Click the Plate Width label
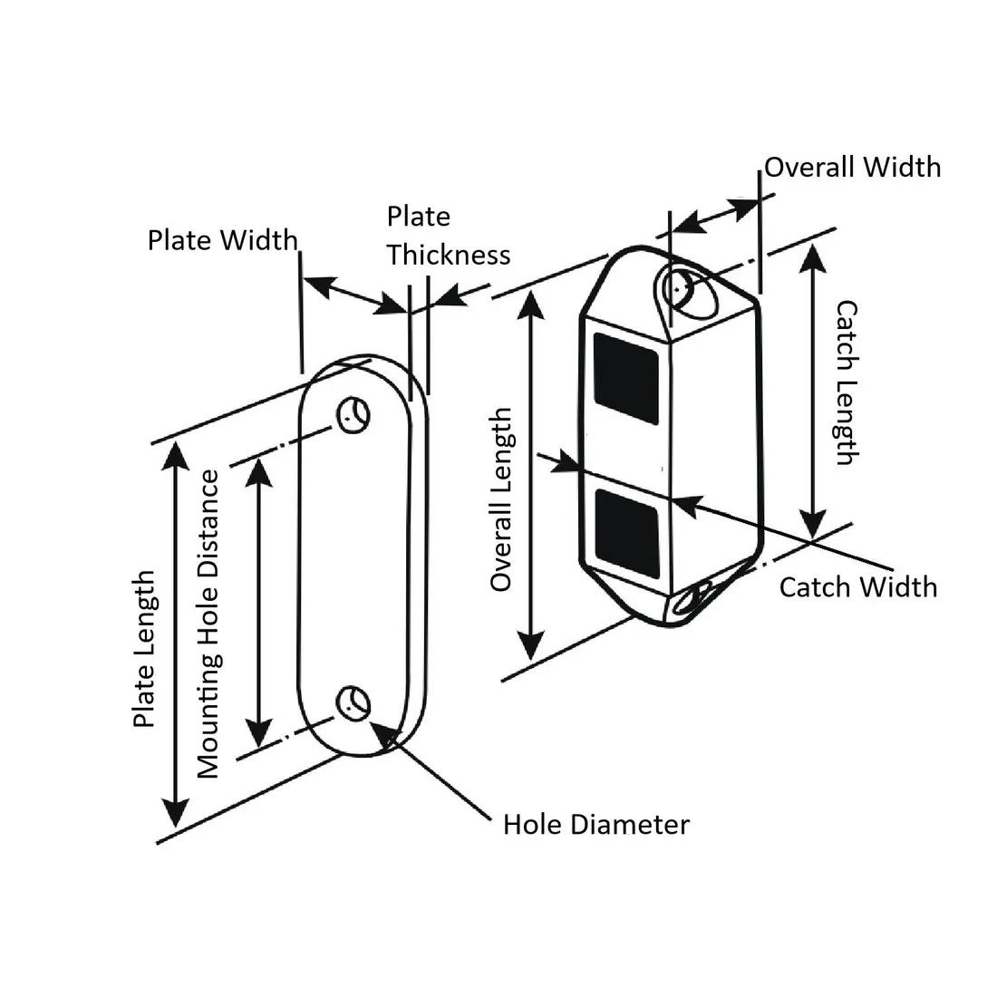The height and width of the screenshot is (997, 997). click(222, 240)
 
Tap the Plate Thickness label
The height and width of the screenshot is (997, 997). click(448, 236)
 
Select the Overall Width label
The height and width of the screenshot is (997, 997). click(852, 168)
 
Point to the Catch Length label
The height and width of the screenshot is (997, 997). click(845, 382)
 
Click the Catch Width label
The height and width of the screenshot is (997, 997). click(857, 587)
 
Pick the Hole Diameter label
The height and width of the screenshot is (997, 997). click(595, 825)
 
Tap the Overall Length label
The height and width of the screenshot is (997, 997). click(501, 499)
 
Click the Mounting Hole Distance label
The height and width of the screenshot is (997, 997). click(208, 624)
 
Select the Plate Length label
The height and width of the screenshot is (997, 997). click(145, 649)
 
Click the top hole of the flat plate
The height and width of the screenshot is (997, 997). click(353, 415)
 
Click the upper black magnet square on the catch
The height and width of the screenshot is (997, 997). click(624, 378)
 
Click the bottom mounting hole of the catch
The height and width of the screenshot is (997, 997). click(701, 596)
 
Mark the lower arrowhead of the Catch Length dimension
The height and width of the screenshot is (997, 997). click(813, 523)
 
